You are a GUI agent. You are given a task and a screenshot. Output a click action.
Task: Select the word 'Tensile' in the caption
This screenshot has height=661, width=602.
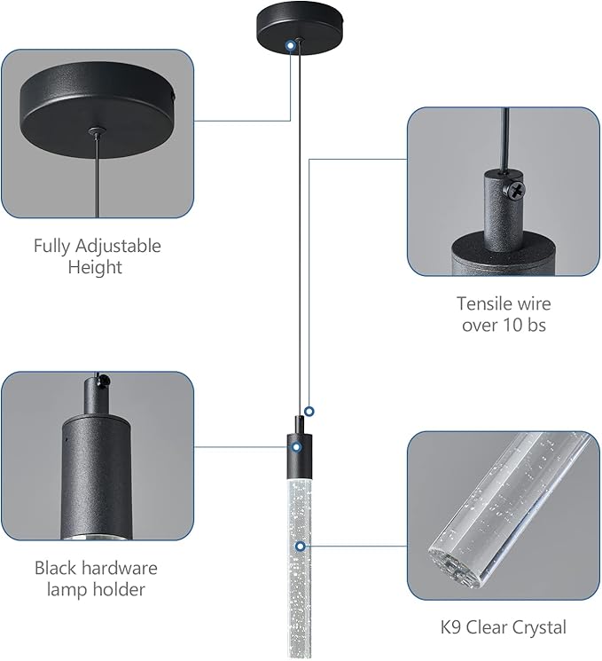tap(486, 303)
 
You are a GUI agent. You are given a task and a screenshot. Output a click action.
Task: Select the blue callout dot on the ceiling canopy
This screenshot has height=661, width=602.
tap(292, 43)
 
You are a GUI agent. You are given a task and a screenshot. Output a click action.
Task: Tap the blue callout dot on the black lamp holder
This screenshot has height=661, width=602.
tap(300, 447)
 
